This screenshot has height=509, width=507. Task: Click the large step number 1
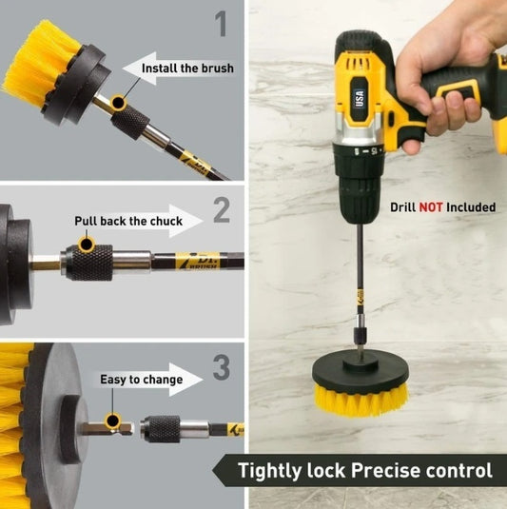tap(222, 23)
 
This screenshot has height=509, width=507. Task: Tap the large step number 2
tap(221, 209)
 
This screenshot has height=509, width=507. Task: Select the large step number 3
tap(221, 366)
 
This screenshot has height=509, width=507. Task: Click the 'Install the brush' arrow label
tap(187, 69)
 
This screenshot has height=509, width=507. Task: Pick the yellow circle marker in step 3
tap(112, 420)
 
